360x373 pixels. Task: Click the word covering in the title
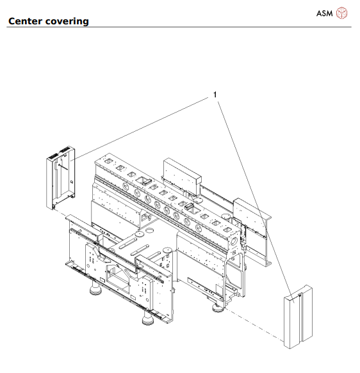point(68,22)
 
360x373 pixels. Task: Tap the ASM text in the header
point(325,13)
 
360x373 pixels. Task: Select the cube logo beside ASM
point(343,13)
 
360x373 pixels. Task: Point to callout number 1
point(216,94)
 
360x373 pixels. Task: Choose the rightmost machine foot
point(218,308)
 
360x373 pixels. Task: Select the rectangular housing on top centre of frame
point(182,173)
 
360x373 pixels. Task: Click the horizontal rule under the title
point(180,28)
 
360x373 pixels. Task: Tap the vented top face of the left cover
point(61,153)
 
